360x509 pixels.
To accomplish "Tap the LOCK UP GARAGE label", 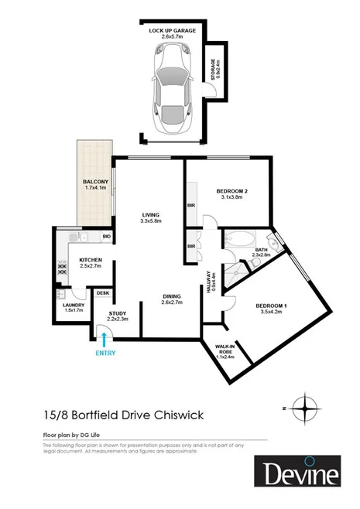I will coord(173,30).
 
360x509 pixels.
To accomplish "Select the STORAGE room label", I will coord(214,70).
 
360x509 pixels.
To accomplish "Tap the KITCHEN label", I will coord(92,261).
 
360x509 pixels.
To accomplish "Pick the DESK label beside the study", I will coord(103,293).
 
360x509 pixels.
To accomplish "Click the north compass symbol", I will coord(307,407).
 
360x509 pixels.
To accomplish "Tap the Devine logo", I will coord(297,473).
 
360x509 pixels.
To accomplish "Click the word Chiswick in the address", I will coord(179,415).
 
